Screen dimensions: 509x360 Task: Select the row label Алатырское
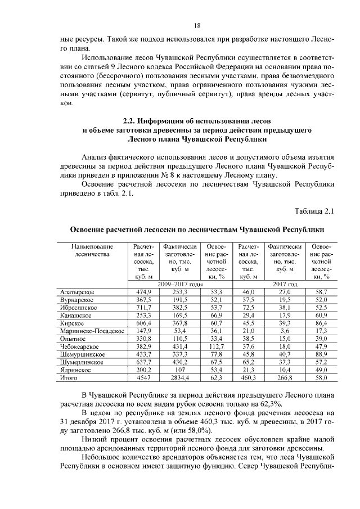(77, 292)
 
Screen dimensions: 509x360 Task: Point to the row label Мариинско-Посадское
(92, 331)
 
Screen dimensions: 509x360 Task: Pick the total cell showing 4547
(143, 379)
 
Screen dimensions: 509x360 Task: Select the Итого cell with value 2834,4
(179, 379)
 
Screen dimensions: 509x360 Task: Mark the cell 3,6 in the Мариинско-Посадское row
(285, 331)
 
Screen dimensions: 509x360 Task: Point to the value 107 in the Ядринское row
(179, 371)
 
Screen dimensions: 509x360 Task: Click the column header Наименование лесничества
(92, 250)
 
